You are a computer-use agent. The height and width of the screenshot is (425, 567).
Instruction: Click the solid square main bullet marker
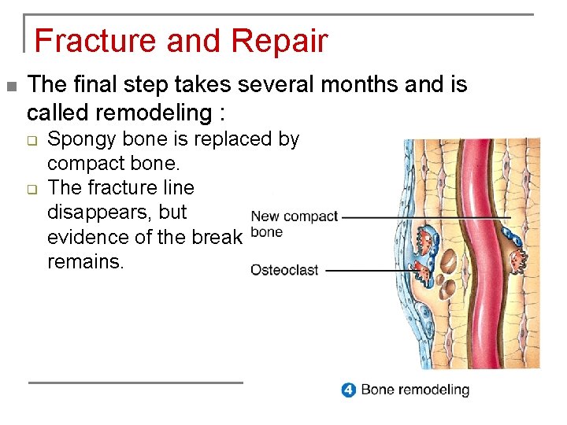[x=10, y=85]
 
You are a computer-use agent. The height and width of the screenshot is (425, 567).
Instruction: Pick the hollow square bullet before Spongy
[x=33, y=141]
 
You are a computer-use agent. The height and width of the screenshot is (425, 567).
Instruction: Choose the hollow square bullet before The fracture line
[x=33, y=189]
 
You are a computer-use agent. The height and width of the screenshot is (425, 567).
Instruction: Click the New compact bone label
[x=293, y=224]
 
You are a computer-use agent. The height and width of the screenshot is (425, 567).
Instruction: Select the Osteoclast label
[x=284, y=270]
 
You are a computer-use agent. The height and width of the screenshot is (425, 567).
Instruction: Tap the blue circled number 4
[x=348, y=390]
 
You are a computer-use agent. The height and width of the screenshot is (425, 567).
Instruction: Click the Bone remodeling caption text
[x=414, y=390]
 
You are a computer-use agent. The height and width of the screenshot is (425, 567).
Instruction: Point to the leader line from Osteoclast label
[x=370, y=270]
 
